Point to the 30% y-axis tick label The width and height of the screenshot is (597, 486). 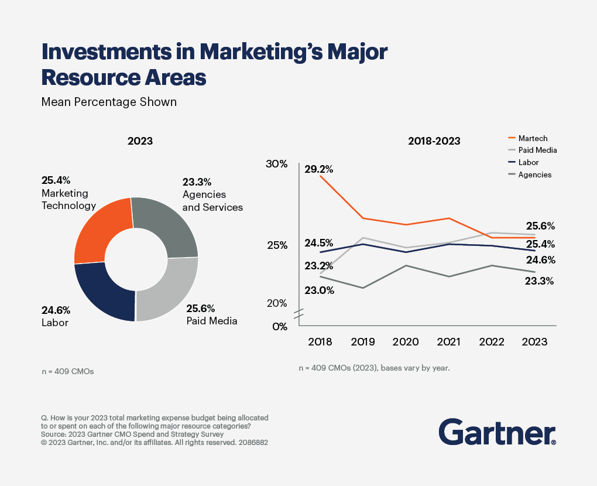pos(276,164)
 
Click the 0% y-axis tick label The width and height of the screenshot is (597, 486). pos(280,327)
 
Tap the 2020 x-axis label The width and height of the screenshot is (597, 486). pos(405,342)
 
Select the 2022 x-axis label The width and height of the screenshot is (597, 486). pos(491,342)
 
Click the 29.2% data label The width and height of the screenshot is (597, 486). pos(318,169)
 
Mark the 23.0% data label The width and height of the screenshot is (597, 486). pos(319,290)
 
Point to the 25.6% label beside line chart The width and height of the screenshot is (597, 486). pos(540,226)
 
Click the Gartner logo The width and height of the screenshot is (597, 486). pos(497,432)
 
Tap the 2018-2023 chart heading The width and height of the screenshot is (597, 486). pos(434,141)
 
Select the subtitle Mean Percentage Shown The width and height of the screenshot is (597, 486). pos(109,102)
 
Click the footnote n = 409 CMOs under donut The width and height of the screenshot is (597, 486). pos(67,371)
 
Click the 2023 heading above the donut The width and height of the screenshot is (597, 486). pos(140,141)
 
